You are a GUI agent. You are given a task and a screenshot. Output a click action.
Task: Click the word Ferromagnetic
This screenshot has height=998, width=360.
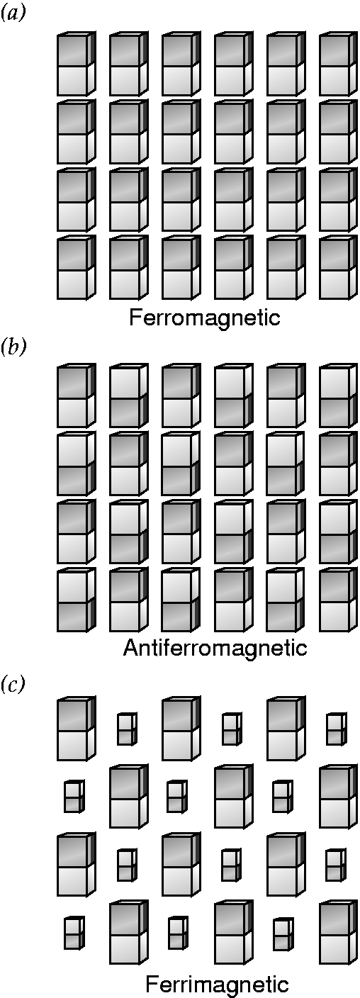[205, 318]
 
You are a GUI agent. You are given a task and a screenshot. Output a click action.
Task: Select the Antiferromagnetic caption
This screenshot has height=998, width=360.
[215, 648]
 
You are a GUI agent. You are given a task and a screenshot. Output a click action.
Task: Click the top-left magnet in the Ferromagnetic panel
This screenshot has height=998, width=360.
[77, 63]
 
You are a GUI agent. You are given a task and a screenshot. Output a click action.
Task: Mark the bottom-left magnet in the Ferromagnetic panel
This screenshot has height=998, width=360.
[77, 267]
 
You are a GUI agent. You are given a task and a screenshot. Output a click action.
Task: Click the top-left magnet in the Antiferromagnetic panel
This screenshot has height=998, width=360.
[77, 396]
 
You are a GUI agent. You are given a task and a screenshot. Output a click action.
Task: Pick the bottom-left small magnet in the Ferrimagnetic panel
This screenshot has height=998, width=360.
[74, 932]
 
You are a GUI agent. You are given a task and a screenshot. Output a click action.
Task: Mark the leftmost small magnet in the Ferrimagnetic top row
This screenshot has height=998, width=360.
[127, 729]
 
